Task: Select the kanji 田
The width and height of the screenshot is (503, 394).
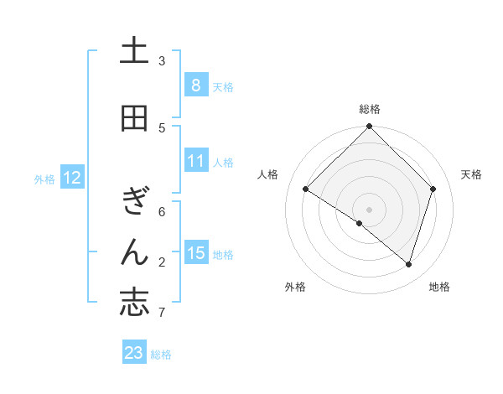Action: (x=134, y=118)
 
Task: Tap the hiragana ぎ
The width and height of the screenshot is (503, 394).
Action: (x=134, y=201)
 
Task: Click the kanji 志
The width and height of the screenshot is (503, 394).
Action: (x=134, y=303)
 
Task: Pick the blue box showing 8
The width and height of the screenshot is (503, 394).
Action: (x=195, y=85)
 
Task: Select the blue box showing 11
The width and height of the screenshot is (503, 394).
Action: (x=195, y=161)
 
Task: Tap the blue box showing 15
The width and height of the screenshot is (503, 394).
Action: (x=195, y=253)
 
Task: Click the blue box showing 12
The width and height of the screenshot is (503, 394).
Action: (x=72, y=178)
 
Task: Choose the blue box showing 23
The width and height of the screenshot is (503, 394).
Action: (x=134, y=353)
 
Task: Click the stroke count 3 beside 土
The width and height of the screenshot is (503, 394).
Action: (x=162, y=61)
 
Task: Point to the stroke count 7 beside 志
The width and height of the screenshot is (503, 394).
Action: (x=162, y=313)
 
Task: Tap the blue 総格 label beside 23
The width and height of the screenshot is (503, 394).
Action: (x=162, y=355)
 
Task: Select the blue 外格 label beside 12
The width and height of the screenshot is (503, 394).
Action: (x=44, y=179)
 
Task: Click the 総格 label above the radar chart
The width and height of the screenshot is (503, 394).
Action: (x=370, y=109)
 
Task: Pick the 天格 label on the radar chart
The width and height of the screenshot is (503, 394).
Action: (x=471, y=174)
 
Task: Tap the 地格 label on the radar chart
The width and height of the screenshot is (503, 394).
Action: (x=439, y=287)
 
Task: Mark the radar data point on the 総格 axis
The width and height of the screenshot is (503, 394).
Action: (x=370, y=127)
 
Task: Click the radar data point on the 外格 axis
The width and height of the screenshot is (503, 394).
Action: (x=359, y=223)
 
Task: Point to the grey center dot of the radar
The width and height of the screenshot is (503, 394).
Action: (x=370, y=208)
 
